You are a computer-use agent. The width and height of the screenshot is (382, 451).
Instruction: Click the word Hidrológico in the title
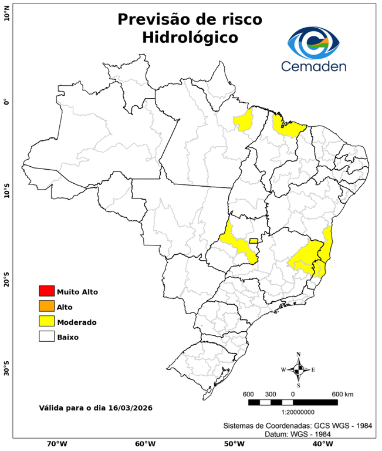click(x=190, y=38)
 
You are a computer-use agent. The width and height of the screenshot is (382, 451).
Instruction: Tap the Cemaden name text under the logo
click(x=313, y=66)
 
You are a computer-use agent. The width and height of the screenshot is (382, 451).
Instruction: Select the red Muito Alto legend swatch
click(x=46, y=291)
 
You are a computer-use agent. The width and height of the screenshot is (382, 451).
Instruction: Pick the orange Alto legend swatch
click(x=46, y=306)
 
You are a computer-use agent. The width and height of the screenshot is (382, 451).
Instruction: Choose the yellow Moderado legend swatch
click(x=46, y=321)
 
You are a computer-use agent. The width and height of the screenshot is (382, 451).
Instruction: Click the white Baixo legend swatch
click(x=46, y=336)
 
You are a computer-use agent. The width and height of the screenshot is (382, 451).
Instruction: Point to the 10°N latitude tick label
click(x=6, y=13)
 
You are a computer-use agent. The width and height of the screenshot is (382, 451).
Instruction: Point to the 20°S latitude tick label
click(x=6, y=280)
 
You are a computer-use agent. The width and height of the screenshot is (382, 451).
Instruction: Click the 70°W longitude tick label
click(x=56, y=444)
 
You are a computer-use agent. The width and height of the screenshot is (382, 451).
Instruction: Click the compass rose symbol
click(x=298, y=369)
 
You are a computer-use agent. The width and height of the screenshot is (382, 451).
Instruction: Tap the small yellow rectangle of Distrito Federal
click(x=253, y=240)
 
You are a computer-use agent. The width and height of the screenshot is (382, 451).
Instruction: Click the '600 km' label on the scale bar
click(x=342, y=393)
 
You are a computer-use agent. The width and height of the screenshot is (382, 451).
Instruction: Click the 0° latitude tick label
click(x=6, y=102)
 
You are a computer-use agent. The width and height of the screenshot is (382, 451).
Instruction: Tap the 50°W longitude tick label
click(x=233, y=444)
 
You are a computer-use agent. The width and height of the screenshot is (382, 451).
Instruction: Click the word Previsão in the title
click(x=154, y=19)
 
